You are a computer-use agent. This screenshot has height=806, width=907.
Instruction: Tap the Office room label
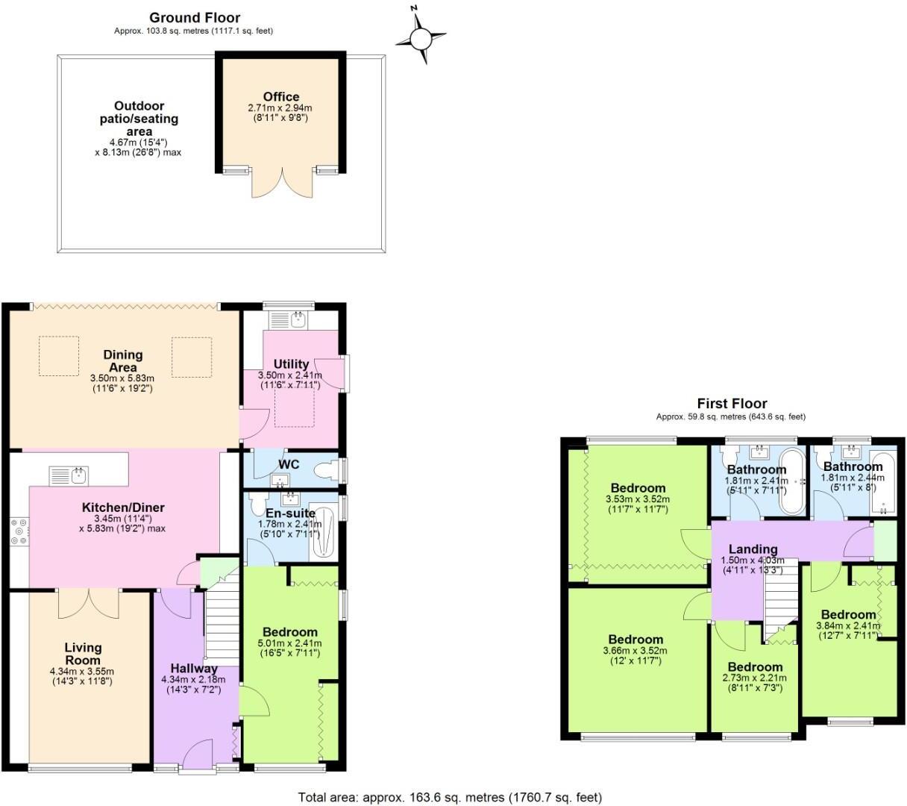(281, 96)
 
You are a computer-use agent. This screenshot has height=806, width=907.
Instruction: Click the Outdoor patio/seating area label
(139, 119)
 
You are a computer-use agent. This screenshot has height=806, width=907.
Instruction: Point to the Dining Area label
(123, 361)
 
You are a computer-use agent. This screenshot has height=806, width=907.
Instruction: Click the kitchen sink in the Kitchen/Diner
(69, 475)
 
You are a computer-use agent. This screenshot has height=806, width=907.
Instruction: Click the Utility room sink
(297, 319)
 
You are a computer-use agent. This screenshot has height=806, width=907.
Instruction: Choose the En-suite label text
(289, 513)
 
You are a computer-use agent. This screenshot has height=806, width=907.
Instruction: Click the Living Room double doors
(89, 603)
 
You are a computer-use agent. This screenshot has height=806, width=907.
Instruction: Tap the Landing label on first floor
(753, 549)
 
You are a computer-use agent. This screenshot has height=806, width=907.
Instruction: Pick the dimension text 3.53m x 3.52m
(636, 499)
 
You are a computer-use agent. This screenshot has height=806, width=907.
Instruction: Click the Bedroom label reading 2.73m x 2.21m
(756, 666)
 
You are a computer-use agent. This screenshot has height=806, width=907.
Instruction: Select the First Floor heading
(731, 404)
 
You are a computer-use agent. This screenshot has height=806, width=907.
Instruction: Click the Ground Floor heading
(195, 18)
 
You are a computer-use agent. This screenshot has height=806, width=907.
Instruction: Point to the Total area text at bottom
(450, 797)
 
